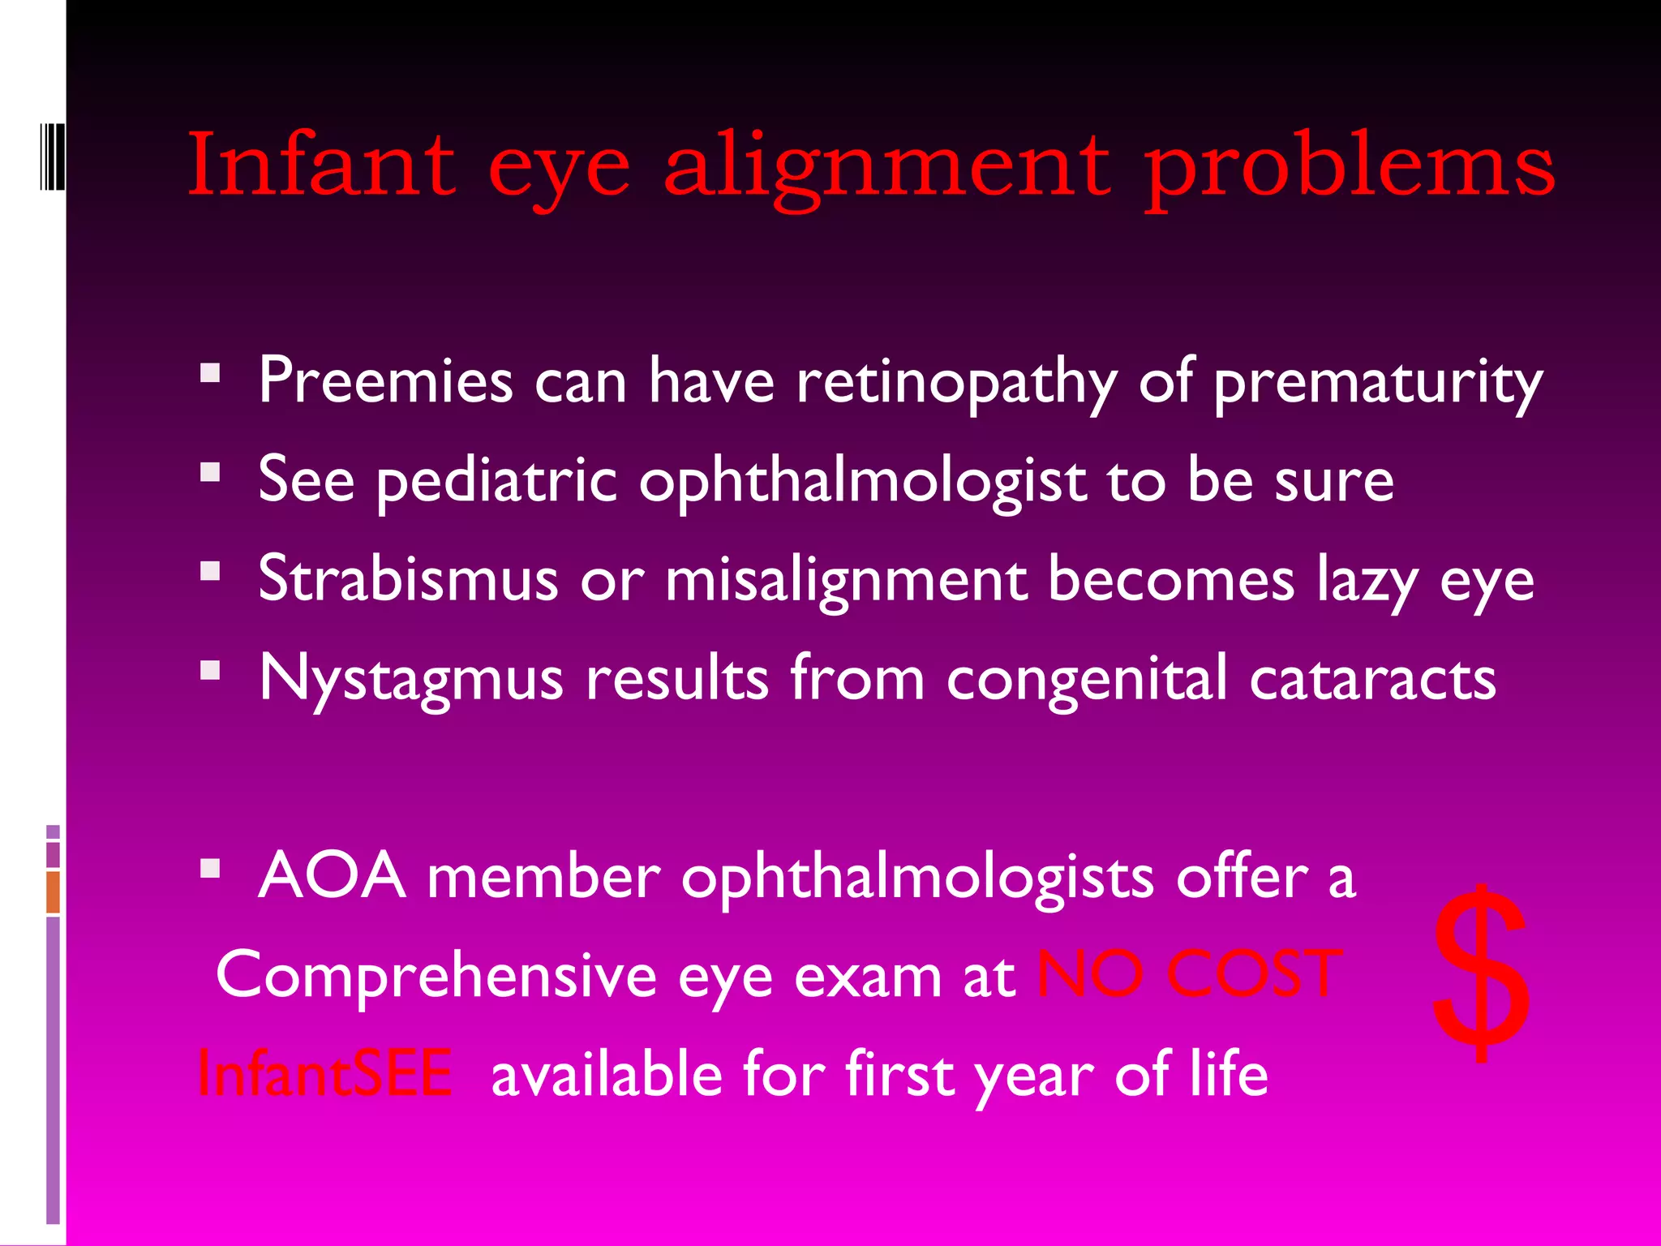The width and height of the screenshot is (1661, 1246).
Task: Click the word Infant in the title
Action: click(x=321, y=165)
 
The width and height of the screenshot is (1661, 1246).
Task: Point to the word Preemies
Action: click(x=385, y=380)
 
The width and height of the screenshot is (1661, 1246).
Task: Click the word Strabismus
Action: click(x=408, y=579)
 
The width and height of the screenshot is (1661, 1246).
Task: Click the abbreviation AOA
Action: click(x=332, y=876)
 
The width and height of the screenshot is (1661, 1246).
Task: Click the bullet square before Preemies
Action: click(x=210, y=373)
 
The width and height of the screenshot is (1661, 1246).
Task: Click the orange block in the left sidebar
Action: click(x=53, y=892)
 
